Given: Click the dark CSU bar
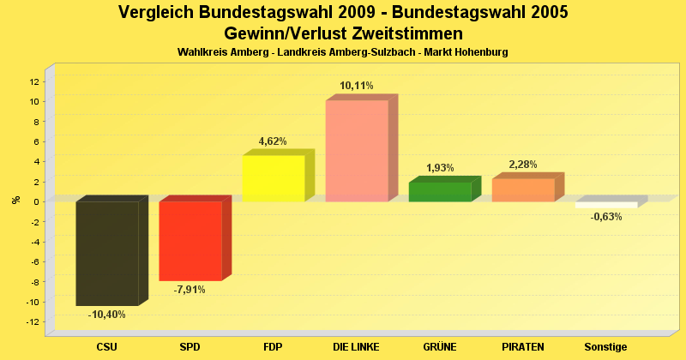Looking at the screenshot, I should tap(107, 253).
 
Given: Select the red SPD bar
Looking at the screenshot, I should tap(190, 241).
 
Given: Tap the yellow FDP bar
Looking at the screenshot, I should tap(274, 178).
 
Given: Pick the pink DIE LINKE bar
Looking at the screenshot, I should tap(357, 151).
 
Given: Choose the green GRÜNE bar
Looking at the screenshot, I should tap(440, 192).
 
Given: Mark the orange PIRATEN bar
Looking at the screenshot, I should tap(523, 190).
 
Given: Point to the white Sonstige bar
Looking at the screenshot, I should tap(606, 205).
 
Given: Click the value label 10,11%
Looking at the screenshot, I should tap(357, 86).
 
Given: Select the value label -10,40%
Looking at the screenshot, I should tap(107, 315).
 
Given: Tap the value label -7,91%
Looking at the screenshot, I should tap(190, 290).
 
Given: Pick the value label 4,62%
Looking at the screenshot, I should tap(273, 141).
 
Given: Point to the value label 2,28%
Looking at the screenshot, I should tap(523, 165).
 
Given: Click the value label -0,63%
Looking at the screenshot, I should tap(606, 217).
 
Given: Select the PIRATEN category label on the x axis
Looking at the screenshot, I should tap(523, 347).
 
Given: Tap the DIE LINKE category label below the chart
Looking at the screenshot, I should tap(357, 347).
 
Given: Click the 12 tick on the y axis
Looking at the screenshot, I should tap(34, 81).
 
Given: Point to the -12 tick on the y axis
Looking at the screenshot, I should tap(33, 321).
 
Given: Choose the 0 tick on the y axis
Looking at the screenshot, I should tap(36, 201).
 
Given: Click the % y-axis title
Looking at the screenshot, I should tap(16, 201).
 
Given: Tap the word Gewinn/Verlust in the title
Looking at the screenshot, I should tap(280, 33).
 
